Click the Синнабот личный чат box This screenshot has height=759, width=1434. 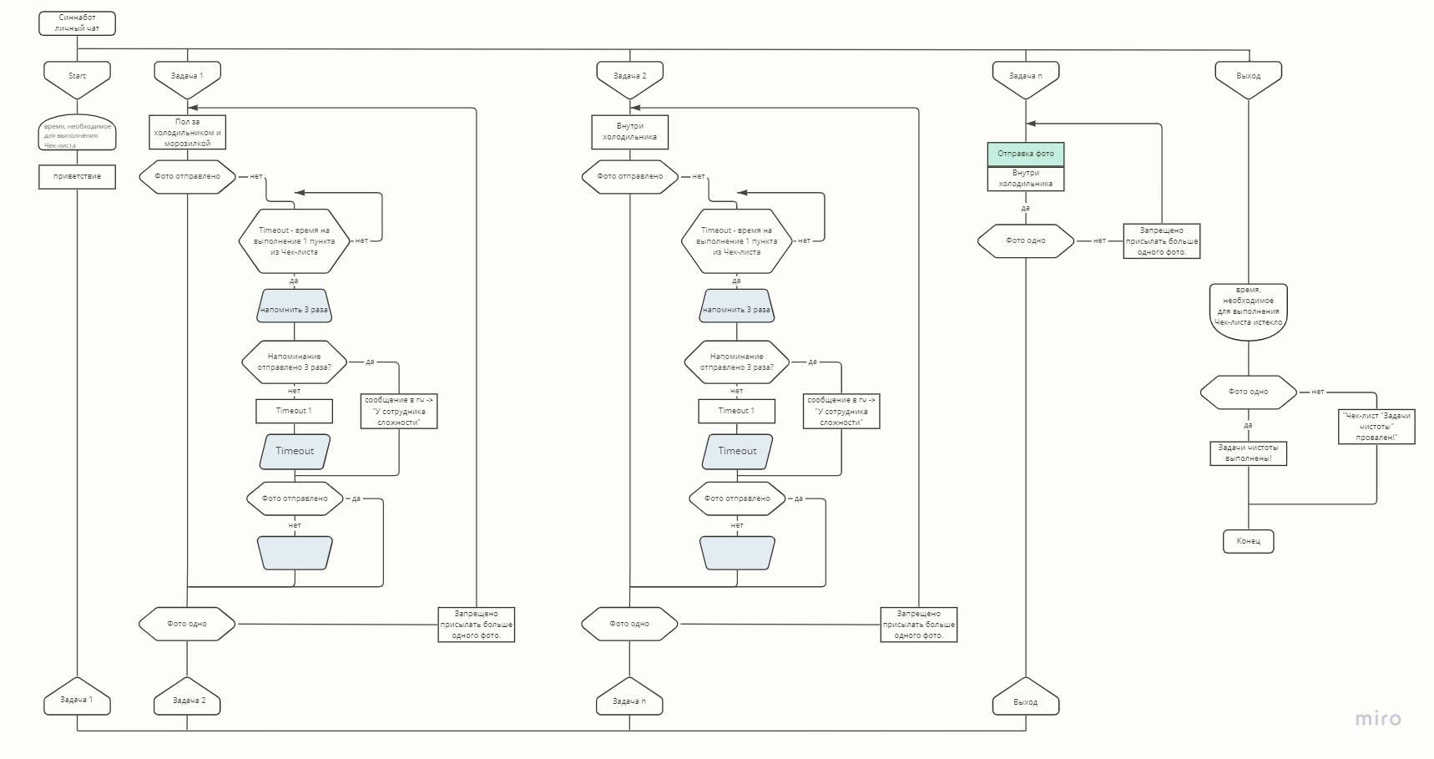[x=77, y=23]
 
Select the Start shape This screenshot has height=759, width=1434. [x=77, y=77]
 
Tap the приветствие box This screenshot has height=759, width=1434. [x=77, y=176]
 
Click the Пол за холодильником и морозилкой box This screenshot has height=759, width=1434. [x=187, y=132]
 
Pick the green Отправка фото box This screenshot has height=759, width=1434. [x=1025, y=154]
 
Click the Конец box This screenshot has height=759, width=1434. [x=1248, y=541]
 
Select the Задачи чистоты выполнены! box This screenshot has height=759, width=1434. [x=1248, y=453]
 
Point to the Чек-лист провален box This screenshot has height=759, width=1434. [x=1376, y=426]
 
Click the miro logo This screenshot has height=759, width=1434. [x=1377, y=719]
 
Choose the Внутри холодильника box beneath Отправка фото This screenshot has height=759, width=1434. [x=1025, y=179]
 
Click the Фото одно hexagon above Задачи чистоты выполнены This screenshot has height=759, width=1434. [x=1248, y=392]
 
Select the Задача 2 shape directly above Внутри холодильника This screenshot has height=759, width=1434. [x=629, y=77]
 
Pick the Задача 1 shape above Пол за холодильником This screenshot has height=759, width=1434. [x=187, y=77]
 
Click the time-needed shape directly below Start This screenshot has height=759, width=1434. [x=77, y=134]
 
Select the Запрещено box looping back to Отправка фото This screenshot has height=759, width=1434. [x=1161, y=240]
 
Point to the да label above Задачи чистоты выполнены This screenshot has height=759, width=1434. [x=1248, y=425]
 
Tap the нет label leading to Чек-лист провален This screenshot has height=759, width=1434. [x=1317, y=392]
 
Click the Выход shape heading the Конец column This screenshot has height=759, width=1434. [x=1248, y=77]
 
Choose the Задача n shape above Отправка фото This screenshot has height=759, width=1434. [x=1025, y=77]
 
